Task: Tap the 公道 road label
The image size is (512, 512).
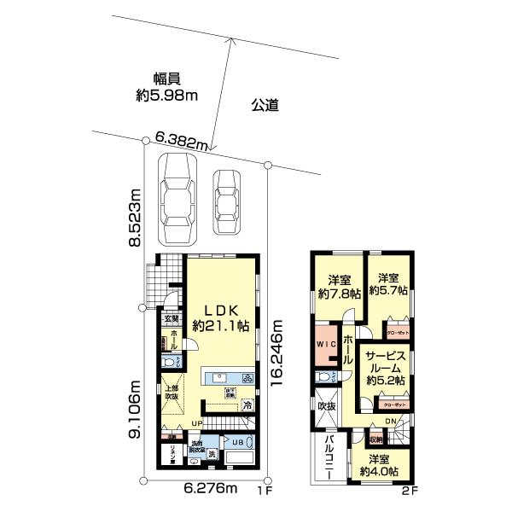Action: click(x=266, y=107)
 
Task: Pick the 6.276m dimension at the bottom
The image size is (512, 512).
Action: click(x=210, y=489)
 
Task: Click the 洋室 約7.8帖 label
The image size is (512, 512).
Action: click(x=340, y=286)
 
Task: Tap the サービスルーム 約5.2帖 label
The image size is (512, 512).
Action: click(x=385, y=366)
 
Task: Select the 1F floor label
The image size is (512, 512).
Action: click(x=264, y=492)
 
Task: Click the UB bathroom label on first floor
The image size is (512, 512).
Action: click(x=238, y=442)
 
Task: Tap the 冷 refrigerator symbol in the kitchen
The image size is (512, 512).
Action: click(x=247, y=405)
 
